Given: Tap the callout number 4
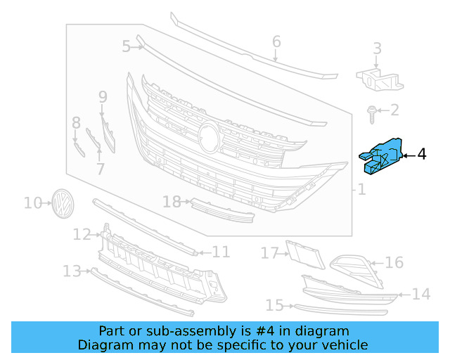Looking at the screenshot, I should tap(421, 154).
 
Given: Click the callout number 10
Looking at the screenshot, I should tap(32, 203).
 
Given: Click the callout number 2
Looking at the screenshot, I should tap(394, 110).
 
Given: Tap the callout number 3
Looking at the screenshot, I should tap(377, 49).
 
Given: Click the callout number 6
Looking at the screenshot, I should tap(276, 41).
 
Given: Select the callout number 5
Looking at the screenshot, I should tap(126, 46).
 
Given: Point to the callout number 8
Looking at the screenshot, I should tap(76, 124).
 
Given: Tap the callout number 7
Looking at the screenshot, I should tap(100, 169).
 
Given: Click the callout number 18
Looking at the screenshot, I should tap(172, 202).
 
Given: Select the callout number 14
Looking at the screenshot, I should tap(420, 294).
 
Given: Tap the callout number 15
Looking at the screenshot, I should tap(274, 305).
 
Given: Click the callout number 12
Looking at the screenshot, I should tap(82, 234).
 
